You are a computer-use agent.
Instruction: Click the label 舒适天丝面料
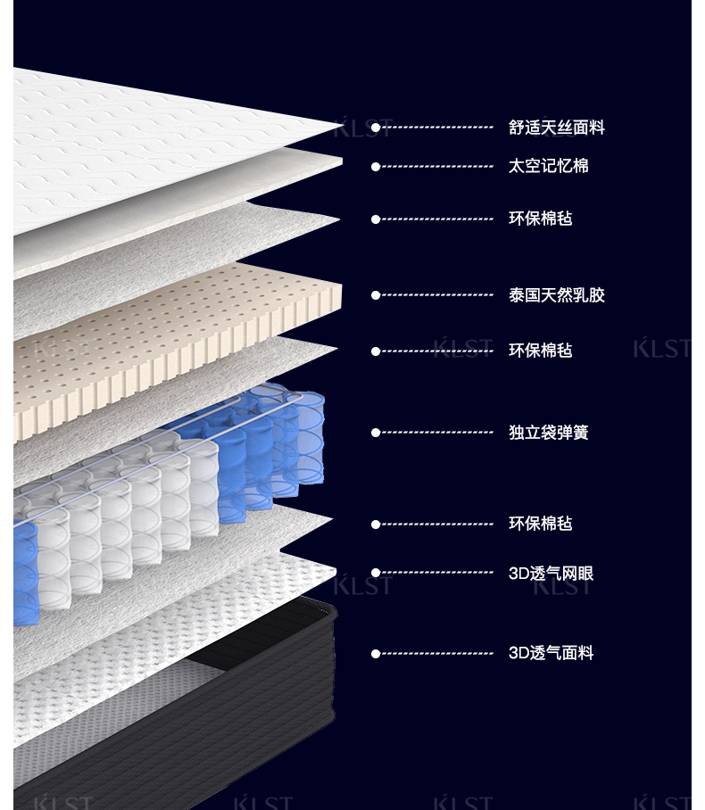[x=556, y=128]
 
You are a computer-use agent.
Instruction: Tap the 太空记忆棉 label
[x=548, y=166]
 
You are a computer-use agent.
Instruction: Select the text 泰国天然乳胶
[x=556, y=295]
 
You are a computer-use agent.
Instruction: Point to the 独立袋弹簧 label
[x=548, y=433]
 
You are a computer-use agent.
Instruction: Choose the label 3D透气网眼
[x=551, y=574]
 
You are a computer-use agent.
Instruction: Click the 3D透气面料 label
[x=551, y=653]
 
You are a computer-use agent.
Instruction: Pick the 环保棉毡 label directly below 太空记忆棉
[x=540, y=219]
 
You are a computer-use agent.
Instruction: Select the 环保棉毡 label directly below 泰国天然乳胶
[x=540, y=351]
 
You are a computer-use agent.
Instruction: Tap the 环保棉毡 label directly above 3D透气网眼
[x=540, y=524]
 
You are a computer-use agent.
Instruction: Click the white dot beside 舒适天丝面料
[x=376, y=128]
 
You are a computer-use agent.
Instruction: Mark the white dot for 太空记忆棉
[x=376, y=167]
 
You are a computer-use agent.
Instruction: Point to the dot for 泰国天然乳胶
[x=376, y=295]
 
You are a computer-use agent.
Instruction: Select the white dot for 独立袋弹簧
[x=376, y=433]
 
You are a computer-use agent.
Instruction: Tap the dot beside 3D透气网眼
[x=376, y=573]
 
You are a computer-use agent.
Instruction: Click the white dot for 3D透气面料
[x=376, y=654]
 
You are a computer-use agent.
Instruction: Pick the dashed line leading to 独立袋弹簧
[x=437, y=433]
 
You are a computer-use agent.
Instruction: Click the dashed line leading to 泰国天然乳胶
[x=437, y=295]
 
